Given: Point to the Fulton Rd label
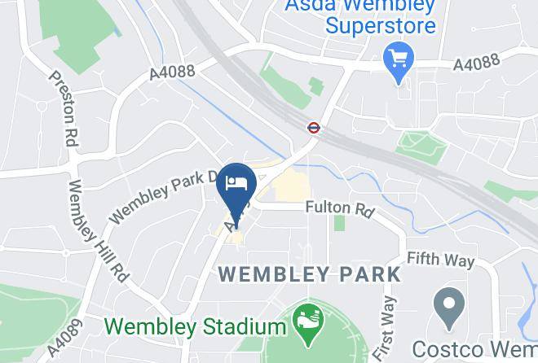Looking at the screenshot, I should tap(339, 210).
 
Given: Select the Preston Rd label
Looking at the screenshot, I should tap(63, 108).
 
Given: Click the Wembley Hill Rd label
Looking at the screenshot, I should tap(98, 230).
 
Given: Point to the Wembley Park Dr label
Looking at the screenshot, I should tap(163, 196).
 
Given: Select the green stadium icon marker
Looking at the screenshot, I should tap(306, 318).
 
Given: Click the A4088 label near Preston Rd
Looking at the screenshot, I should tap(172, 72).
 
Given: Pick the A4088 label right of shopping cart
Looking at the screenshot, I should tap(477, 63).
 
